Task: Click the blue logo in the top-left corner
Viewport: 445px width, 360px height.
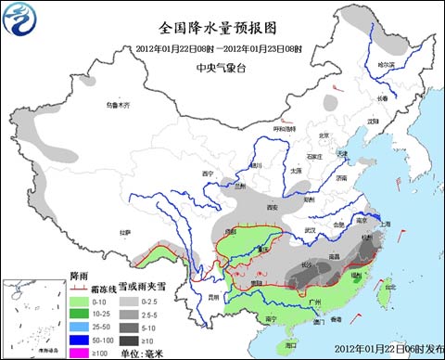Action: point(20,19)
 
